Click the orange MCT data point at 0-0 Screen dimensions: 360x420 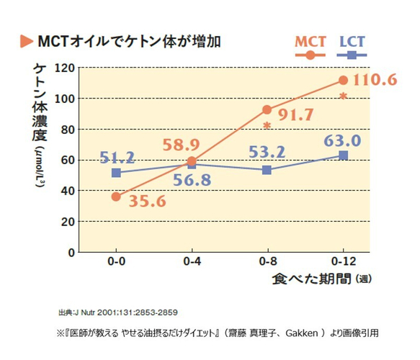tap(116, 197)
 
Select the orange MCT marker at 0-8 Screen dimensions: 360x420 tap(267, 110)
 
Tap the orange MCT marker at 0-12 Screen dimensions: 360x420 tap(343, 80)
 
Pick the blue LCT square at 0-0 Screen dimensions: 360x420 tap(116, 173)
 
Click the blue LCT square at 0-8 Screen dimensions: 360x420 tap(267, 170)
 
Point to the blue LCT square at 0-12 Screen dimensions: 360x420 tap(343, 155)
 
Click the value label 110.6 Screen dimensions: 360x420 tap(375, 79)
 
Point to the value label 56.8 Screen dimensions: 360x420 tap(191, 180)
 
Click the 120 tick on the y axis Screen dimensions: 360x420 tap(66, 68)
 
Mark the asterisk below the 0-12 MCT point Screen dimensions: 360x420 tap(344, 96)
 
